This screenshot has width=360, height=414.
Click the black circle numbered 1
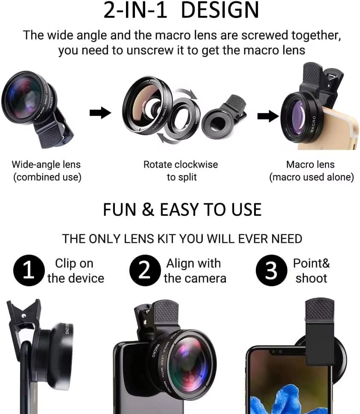click(x=29, y=271)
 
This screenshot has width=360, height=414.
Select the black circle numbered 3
click(x=271, y=271)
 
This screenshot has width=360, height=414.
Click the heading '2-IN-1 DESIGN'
click(x=181, y=11)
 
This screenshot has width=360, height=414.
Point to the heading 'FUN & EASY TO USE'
click(x=182, y=210)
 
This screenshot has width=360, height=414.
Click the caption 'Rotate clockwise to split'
click(x=181, y=170)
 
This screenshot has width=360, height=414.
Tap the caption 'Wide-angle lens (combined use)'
click(x=46, y=170)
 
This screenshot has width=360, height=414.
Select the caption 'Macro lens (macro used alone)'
click(x=311, y=170)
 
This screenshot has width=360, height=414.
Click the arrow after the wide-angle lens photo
click(x=100, y=113)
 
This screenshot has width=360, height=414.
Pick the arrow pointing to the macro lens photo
click(x=268, y=116)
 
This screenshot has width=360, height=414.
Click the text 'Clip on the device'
click(x=75, y=271)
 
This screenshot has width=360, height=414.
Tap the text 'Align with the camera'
click(x=195, y=271)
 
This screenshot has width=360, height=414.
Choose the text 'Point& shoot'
click(x=311, y=271)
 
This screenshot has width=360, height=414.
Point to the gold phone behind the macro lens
click(x=342, y=128)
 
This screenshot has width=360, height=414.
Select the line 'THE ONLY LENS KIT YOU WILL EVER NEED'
click(x=182, y=238)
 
